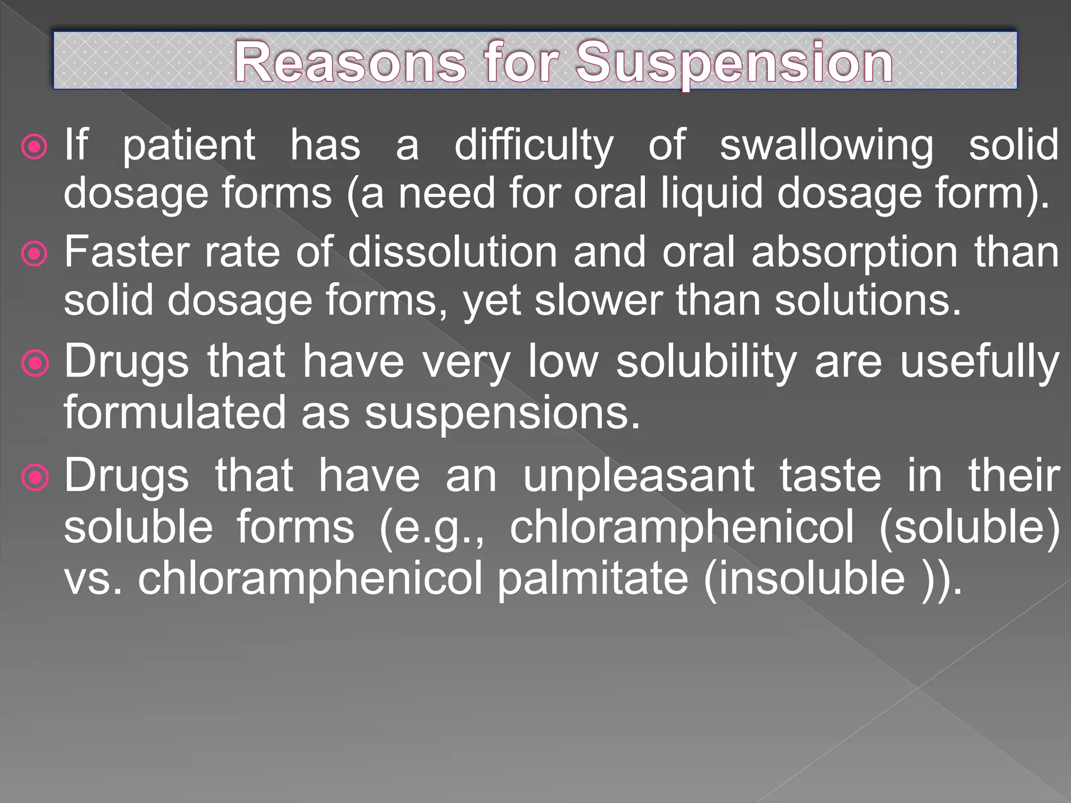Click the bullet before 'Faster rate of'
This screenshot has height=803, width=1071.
tap(35, 255)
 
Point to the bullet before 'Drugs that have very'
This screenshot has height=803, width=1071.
tap(35, 364)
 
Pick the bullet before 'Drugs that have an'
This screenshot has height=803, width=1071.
tap(35, 477)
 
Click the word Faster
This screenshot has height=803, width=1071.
tap(126, 252)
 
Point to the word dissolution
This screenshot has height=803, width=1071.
tap(453, 252)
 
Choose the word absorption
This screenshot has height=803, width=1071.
tap(854, 252)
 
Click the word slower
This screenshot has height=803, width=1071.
tap(598, 301)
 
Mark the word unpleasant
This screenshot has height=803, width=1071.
tap(639, 476)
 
